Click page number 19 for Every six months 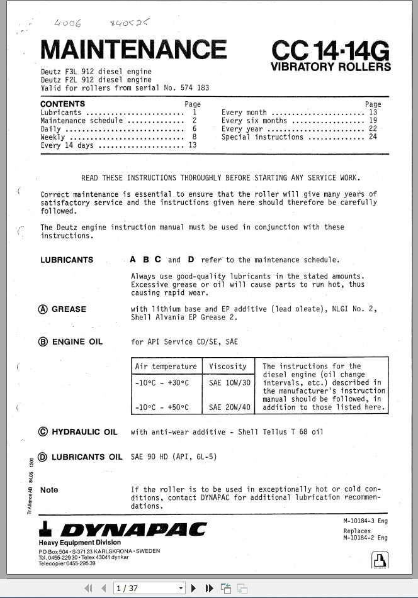373,120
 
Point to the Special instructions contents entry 263,136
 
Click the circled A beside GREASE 43,309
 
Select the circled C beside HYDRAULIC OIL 43,432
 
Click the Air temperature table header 166,367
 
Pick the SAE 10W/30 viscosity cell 229,382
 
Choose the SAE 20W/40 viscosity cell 229,407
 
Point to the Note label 49,490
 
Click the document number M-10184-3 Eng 365,521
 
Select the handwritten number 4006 67,23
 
